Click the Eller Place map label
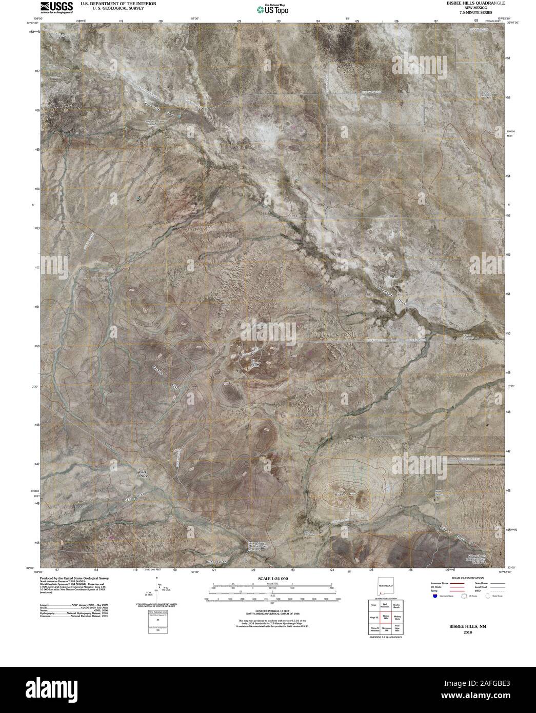pos(143,474)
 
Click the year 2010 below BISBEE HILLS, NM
pos(467,632)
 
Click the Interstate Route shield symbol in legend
pos(435,596)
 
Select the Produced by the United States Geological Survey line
pos(77,578)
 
